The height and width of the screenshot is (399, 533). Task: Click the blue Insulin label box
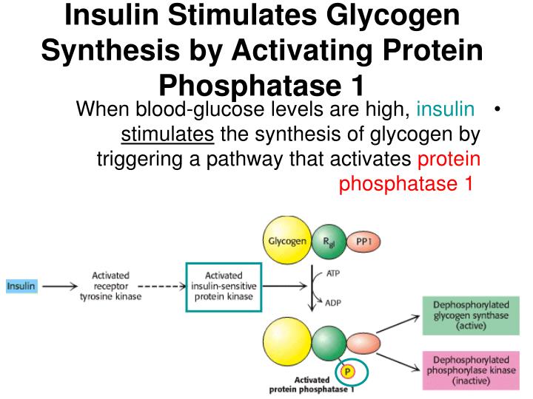pos(21,285)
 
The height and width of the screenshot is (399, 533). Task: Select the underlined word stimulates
pos(167,135)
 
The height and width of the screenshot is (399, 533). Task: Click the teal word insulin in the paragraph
pos(446,110)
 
